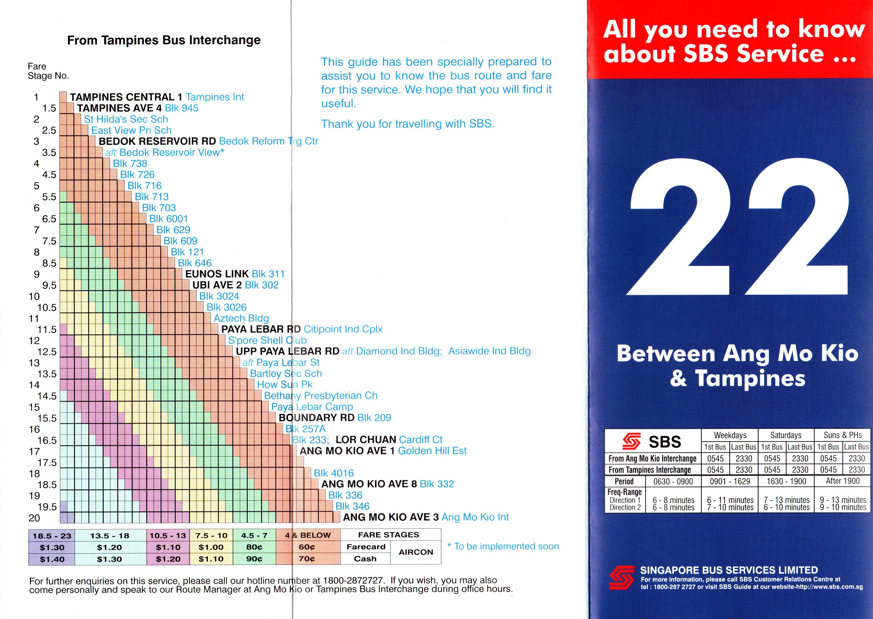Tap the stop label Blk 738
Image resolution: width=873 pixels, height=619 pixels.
(130, 163)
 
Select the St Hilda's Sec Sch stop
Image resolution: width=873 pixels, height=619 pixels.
(126, 119)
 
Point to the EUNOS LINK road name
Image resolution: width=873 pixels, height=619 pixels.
(217, 274)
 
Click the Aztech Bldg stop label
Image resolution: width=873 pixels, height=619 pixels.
(241, 318)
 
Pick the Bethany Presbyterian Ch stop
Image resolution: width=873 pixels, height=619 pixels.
(320, 396)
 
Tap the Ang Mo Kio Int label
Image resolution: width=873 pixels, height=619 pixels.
(475, 517)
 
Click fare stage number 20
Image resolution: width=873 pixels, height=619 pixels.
(34, 518)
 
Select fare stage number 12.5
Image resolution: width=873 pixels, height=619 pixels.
(47, 352)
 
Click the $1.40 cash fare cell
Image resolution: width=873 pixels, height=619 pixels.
(52, 559)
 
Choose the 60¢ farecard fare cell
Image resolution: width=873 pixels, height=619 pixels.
(307, 547)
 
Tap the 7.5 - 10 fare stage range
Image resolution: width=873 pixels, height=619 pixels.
(211, 536)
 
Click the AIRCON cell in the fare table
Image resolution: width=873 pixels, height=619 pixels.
(416, 552)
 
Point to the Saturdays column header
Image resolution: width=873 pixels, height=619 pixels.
(786, 435)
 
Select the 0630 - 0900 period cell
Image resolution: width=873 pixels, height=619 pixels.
(673, 481)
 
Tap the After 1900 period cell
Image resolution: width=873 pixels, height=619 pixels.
(842, 481)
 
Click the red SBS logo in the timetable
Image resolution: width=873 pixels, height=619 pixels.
(631, 441)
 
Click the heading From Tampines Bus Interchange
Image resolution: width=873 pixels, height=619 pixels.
(164, 40)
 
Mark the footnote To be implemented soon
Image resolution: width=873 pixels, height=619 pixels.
(503, 547)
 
